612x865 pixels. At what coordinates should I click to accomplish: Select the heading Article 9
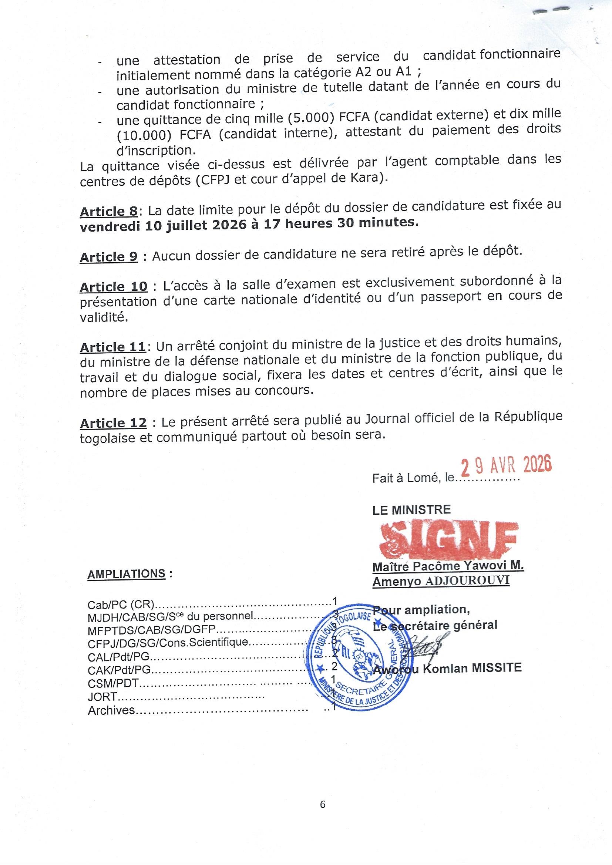pyautogui.click(x=108, y=257)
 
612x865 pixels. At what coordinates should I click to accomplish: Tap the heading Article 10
pyautogui.click(x=114, y=287)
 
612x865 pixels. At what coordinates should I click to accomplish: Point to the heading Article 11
pyautogui.click(x=113, y=347)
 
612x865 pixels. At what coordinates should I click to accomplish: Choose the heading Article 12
pyautogui.click(x=113, y=423)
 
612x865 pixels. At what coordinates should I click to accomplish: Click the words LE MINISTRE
pyautogui.click(x=411, y=510)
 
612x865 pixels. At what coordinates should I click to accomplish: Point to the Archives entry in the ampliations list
pyautogui.click(x=111, y=710)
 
